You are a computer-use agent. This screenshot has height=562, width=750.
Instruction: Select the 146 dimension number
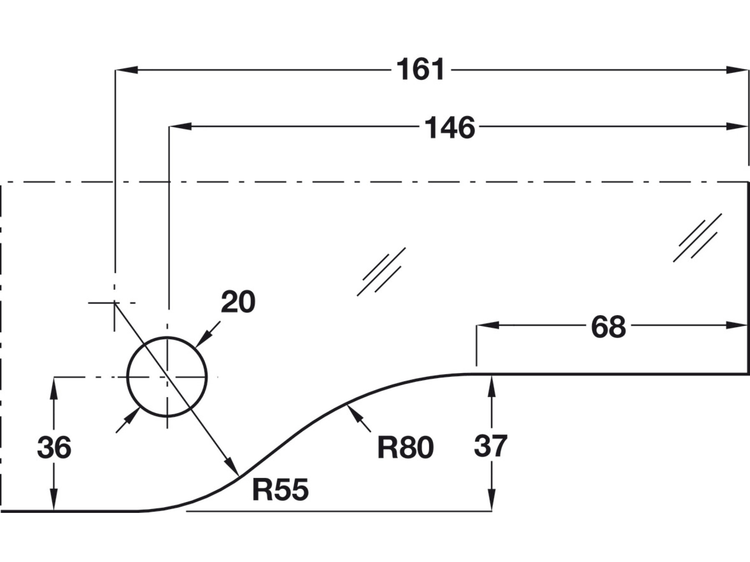point(450,128)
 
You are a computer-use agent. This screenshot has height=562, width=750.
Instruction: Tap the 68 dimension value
point(608,327)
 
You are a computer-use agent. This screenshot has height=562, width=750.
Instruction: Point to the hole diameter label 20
point(238,302)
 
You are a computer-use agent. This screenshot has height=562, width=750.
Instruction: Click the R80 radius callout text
point(405,448)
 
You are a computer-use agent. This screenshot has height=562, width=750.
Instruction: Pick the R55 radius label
point(280,490)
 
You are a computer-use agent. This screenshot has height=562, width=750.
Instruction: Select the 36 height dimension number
point(54,448)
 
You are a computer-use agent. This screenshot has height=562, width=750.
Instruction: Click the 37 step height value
point(490,446)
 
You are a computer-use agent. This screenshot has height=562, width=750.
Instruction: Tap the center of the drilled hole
point(167,377)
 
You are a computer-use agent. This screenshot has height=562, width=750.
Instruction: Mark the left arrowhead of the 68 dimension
point(487,325)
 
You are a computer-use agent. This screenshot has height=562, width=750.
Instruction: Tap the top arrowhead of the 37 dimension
point(492,385)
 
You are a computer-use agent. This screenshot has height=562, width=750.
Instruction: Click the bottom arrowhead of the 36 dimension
point(54,500)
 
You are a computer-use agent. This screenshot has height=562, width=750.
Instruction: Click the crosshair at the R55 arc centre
point(115,303)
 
